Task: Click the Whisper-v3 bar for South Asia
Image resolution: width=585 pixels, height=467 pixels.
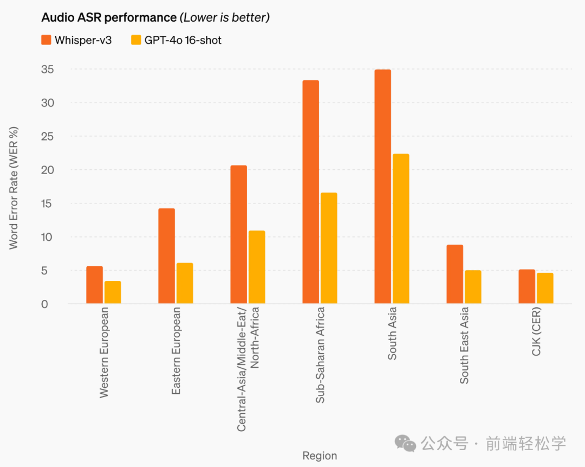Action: [x=382, y=187]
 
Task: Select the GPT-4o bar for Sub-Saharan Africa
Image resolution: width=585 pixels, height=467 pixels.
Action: [x=329, y=248]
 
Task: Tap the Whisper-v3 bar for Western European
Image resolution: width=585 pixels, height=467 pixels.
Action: [x=94, y=285]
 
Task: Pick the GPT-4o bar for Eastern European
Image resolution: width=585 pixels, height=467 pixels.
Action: [x=185, y=283]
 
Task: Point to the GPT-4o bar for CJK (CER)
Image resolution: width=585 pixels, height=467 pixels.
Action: [x=545, y=288]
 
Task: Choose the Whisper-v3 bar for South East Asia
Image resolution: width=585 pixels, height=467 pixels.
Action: [x=455, y=274]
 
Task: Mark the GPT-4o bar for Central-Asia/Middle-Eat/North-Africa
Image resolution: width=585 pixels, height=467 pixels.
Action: [x=257, y=267]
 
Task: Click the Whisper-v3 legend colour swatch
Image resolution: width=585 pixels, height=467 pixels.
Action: [x=47, y=40]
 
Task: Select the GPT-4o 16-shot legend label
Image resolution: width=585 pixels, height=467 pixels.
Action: [x=183, y=40]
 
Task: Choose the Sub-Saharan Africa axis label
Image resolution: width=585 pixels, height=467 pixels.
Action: [x=320, y=355]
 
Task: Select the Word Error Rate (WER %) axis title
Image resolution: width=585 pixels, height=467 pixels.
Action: [x=14, y=188]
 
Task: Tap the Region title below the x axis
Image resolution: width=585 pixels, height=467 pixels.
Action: [x=320, y=456]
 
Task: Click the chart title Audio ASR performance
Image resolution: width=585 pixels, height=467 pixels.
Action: [x=109, y=17]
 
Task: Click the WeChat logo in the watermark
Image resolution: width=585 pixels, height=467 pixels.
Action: [x=405, y=443]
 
